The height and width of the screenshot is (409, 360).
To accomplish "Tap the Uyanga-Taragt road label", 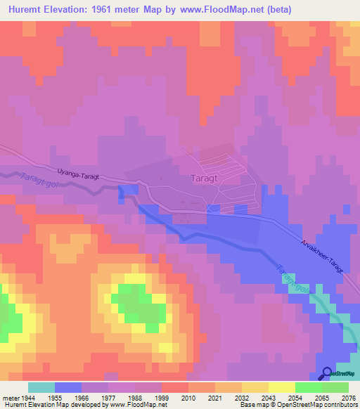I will (x=77, y=172).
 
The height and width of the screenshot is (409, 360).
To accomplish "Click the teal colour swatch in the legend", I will (x=41, y=387).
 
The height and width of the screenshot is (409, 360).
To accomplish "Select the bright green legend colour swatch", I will (x=309, y=387).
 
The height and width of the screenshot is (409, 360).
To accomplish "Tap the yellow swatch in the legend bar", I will (x=282, y=387).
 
